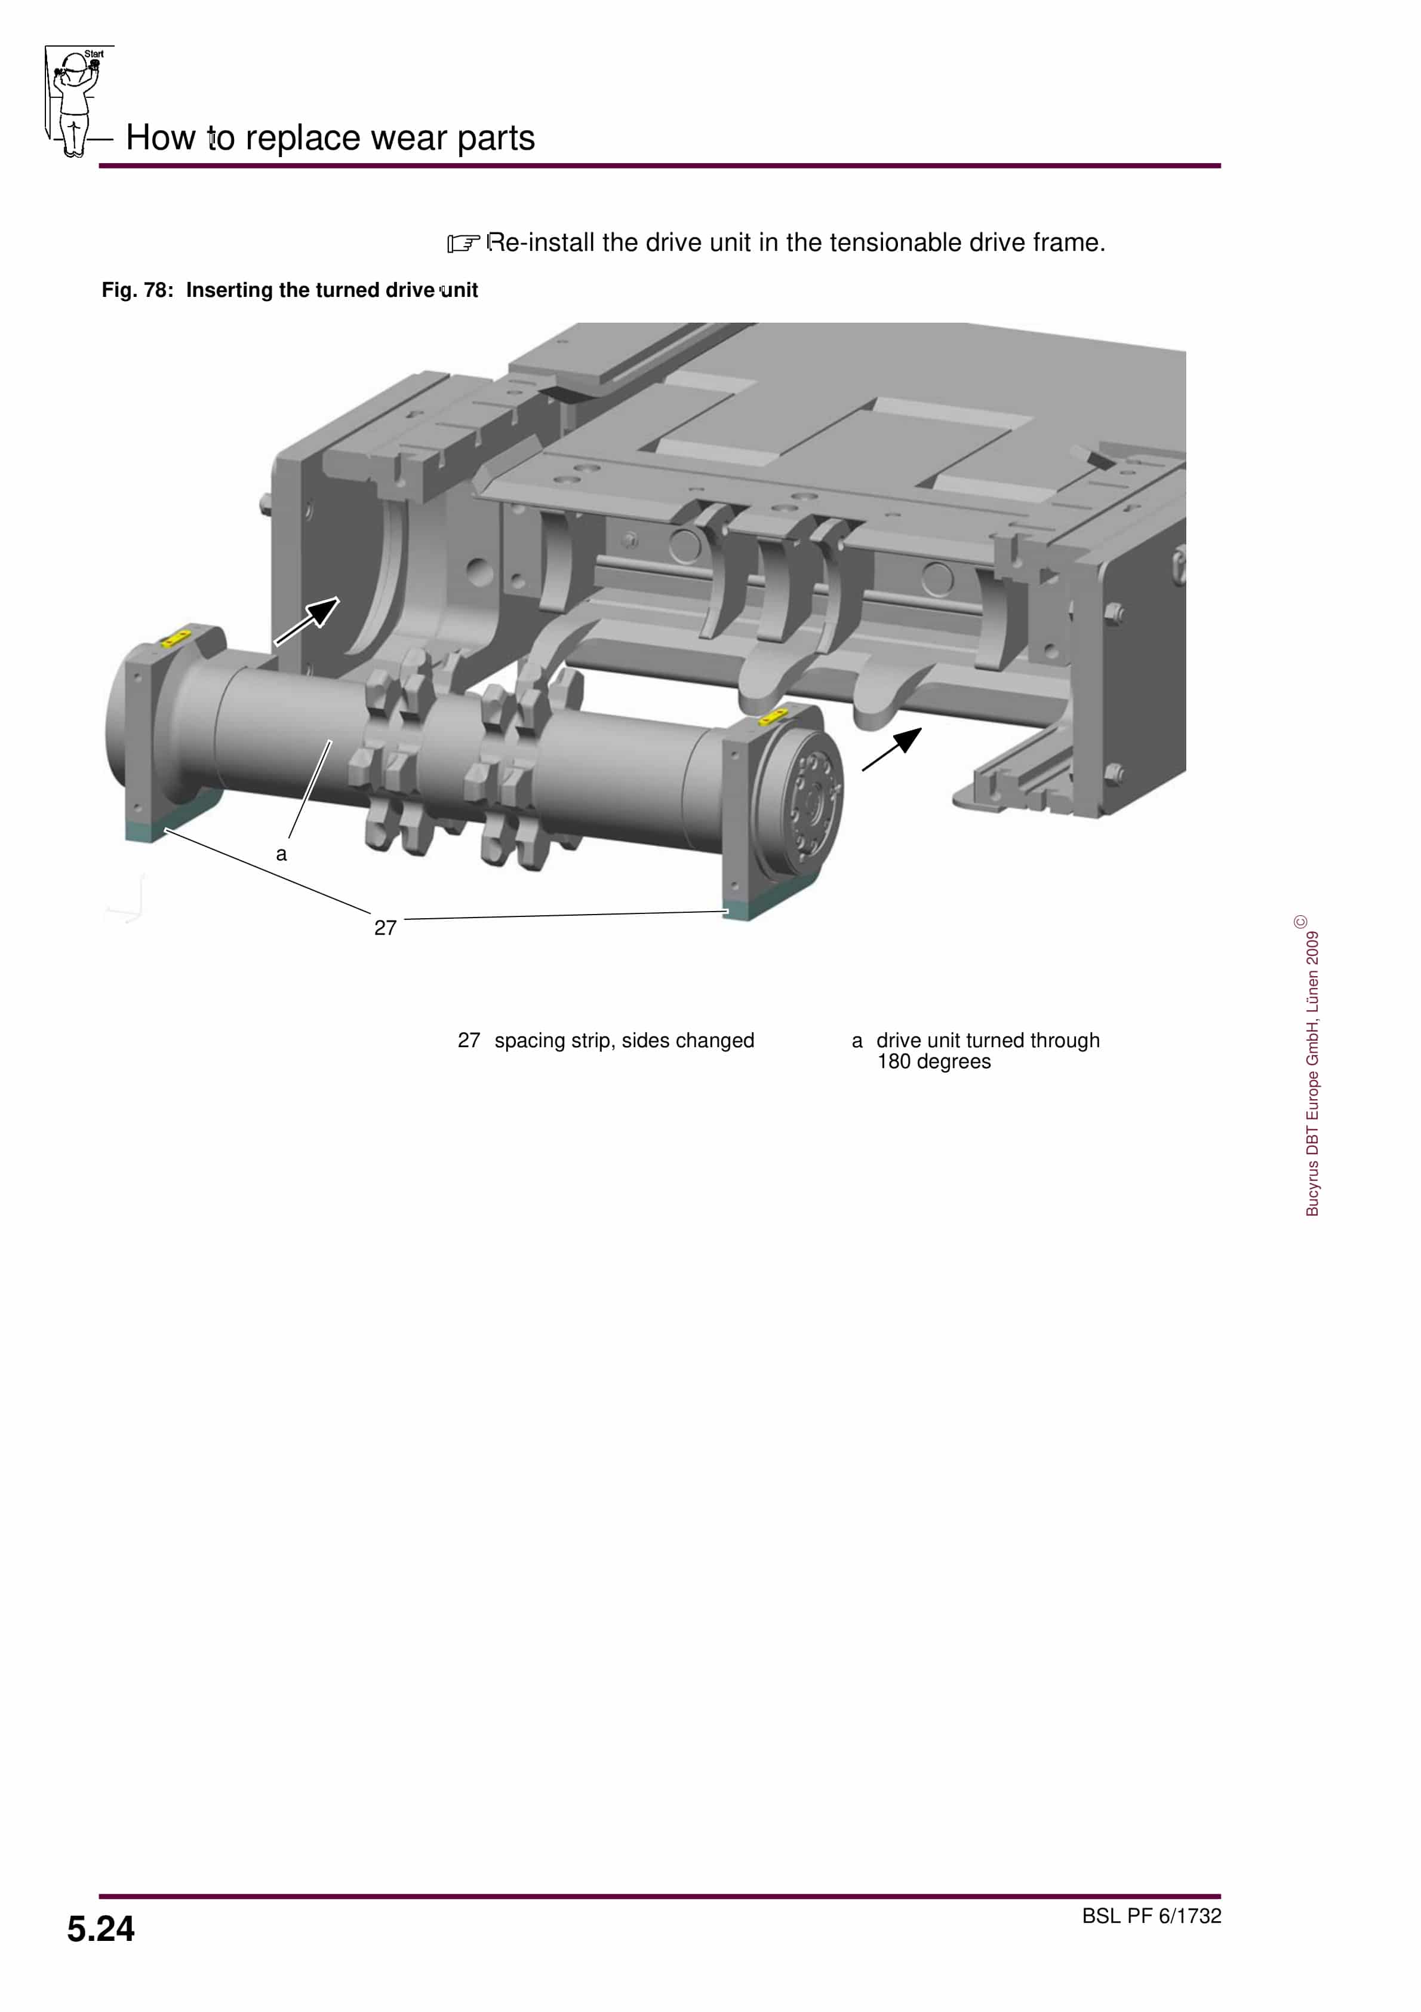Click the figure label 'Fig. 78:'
click(137, 290)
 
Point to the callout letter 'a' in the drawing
click(281, 854)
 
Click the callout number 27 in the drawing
click(386, 928)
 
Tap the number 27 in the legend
click(469, 1040)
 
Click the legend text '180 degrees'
click(934, 1062)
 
